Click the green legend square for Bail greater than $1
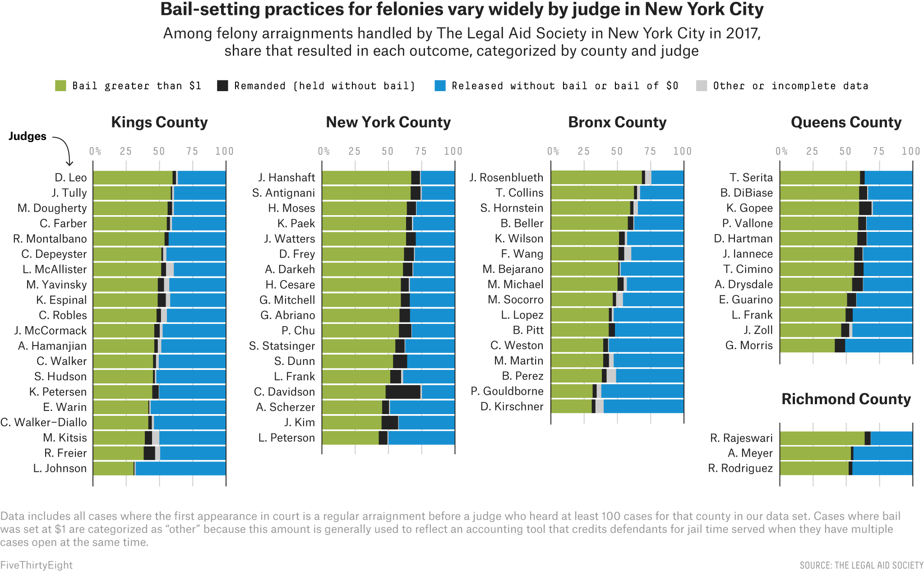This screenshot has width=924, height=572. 60,86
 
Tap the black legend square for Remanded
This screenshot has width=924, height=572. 222,86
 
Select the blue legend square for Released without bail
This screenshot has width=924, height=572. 440,86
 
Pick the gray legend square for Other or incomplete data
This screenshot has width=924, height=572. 702,86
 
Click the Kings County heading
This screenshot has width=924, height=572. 159,122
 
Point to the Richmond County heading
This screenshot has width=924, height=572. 846,399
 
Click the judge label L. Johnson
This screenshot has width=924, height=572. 60,468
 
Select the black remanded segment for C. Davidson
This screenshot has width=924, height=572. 403,392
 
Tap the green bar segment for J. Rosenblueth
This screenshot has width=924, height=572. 596,177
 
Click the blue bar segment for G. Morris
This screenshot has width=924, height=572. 878,346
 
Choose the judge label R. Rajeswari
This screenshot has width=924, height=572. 741,438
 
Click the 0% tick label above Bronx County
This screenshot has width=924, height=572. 553,151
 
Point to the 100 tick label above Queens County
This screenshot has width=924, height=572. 910,151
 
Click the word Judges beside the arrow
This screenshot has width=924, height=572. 28,136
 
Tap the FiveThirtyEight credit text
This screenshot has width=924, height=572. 36,565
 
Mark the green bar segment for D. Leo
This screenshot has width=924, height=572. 133,177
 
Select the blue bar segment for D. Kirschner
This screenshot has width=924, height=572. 643,406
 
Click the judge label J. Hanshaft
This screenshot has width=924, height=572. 286,177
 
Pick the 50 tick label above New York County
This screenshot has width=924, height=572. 388,151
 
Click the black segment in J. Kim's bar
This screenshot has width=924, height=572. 390,423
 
